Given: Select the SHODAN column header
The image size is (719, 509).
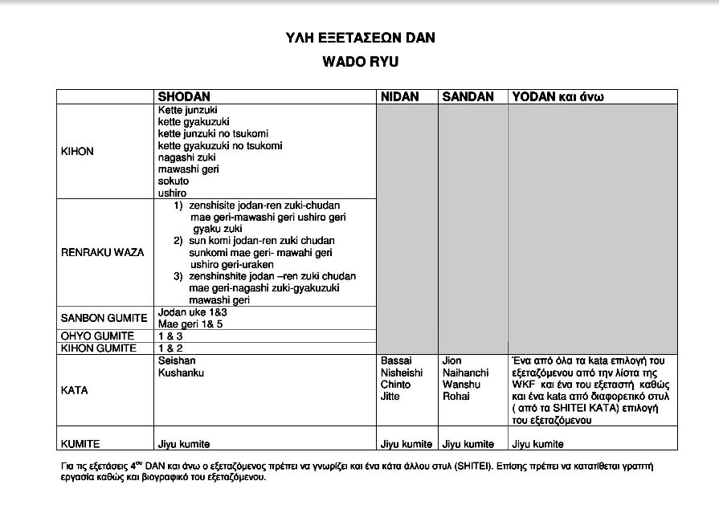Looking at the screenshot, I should tap(186, 97).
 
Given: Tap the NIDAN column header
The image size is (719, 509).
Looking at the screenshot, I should tap(400, 97).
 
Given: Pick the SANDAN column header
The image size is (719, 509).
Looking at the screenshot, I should tap(468, 97).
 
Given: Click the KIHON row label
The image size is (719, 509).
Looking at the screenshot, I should tap(77, 152).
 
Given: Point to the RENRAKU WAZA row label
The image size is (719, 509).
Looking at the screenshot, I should tap(102, 252).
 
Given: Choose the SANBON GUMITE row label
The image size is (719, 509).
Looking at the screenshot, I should tap(104, 318).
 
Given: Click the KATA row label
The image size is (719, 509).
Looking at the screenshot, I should tap(75, 390).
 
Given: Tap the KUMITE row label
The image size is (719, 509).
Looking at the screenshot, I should tap(80, 444).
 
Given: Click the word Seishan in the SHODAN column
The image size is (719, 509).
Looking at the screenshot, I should tap(177, 361).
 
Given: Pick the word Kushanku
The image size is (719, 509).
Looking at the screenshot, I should tap(182, 373).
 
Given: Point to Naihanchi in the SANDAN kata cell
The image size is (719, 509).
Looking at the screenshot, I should tap(465, 373).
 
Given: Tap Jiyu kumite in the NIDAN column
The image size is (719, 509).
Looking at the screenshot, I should tap(406, 444).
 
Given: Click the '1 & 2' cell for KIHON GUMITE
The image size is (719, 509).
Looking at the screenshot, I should tap(170, 348).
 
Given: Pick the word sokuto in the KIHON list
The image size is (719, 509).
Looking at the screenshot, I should tap(173, 181).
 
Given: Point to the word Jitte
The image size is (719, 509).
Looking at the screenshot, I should tap(390, 397).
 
